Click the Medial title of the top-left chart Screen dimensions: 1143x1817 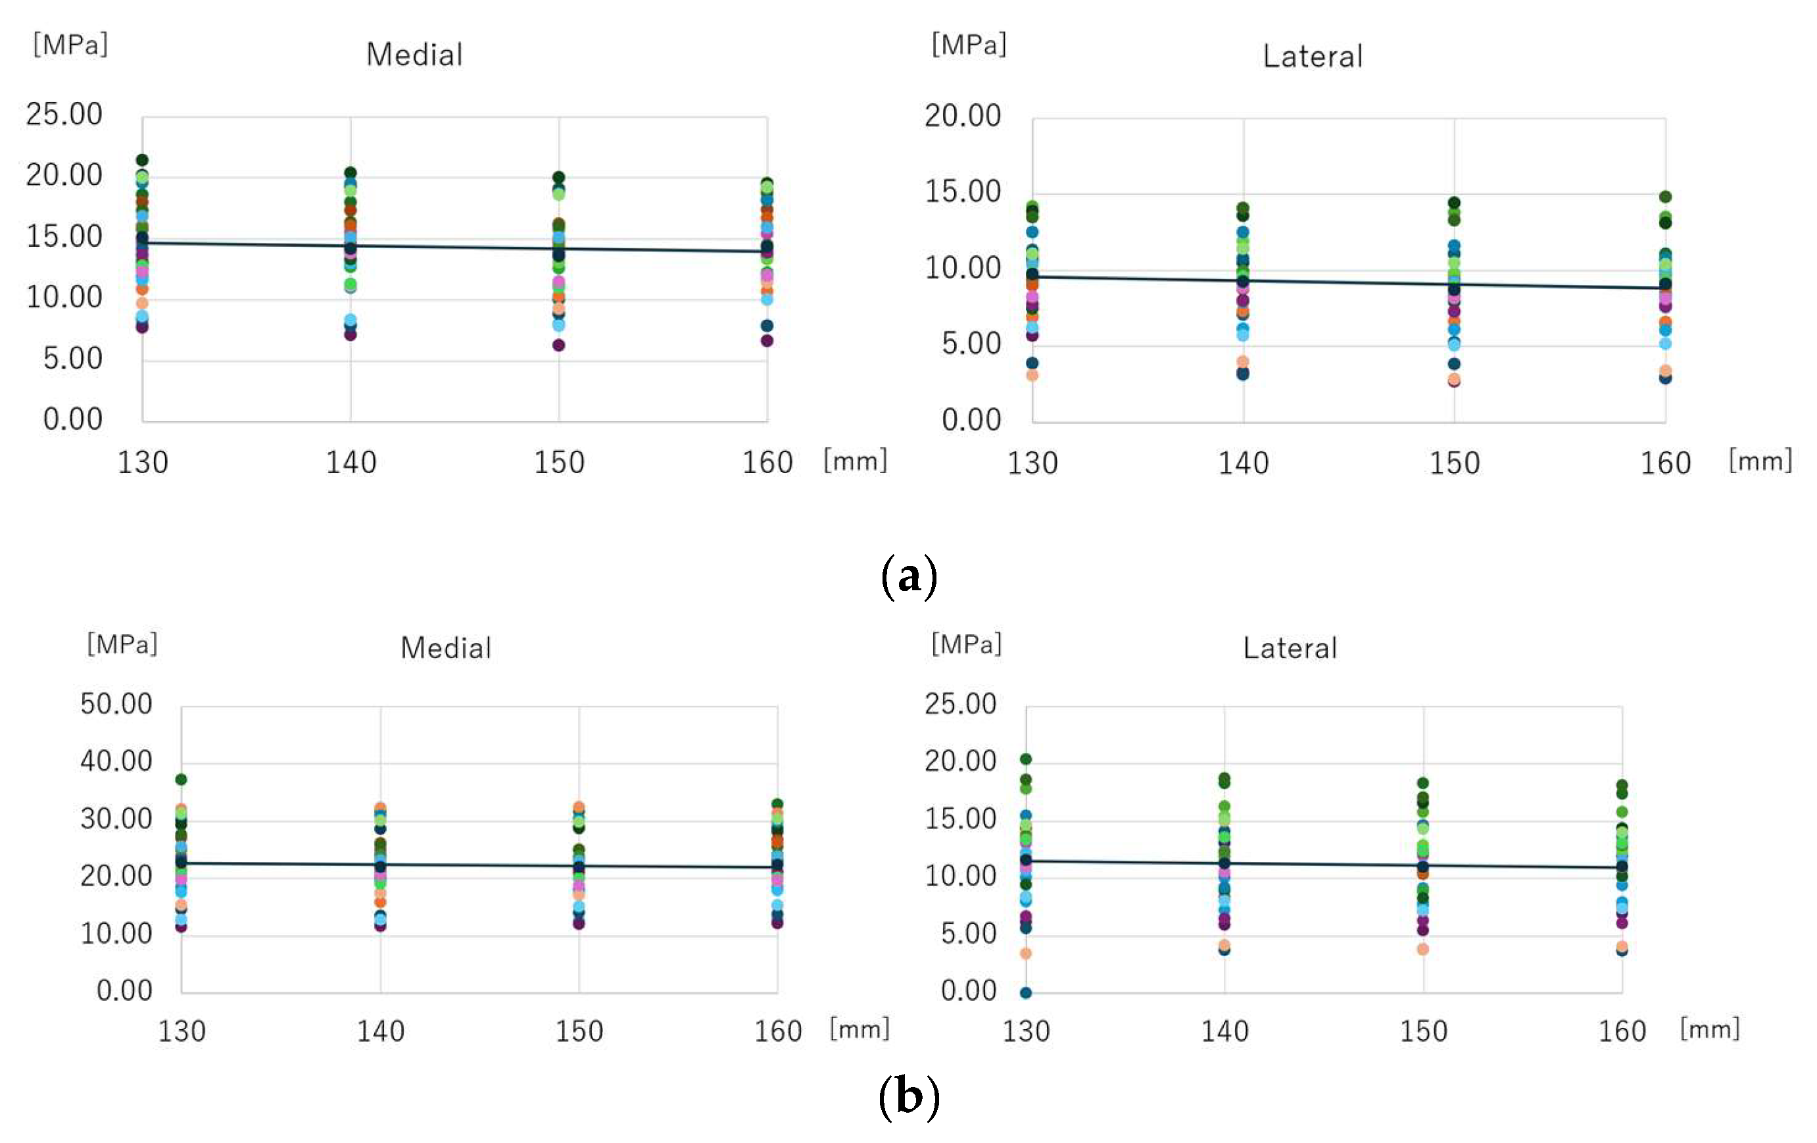[x=414, y=55]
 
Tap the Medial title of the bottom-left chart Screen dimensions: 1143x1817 [x=445, y=648]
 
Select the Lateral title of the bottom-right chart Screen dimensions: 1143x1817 [x=1290, y=648]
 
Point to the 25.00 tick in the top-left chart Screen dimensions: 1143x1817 [x=64, y=114]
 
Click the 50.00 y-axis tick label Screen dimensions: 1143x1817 [x=116, y=703]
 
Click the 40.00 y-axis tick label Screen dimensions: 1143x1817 [x=116, y=761]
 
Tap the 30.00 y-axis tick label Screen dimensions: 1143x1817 [x=116, y=819]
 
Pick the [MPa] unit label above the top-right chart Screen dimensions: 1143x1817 [x=969, y=45]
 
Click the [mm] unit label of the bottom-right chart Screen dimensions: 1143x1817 [x=1709, y=1029]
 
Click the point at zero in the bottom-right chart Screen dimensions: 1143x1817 [x=1025, y=993]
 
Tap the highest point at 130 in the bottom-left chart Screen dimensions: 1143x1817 [x=181, y=779]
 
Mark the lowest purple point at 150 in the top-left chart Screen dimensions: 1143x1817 [x=558, y=345]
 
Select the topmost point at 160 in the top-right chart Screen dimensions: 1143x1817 [x=1665, y=197]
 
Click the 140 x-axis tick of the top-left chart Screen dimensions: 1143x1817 [x=351, y=462]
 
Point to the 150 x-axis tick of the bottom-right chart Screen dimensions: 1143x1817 [x=1423, y=1031]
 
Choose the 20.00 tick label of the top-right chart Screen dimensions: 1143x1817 [x=963, y=116]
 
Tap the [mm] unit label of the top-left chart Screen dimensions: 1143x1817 [x=855, y=460]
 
